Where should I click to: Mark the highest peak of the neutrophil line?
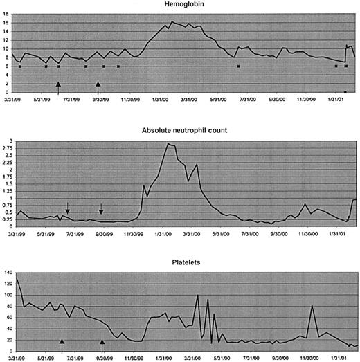(168, 144)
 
